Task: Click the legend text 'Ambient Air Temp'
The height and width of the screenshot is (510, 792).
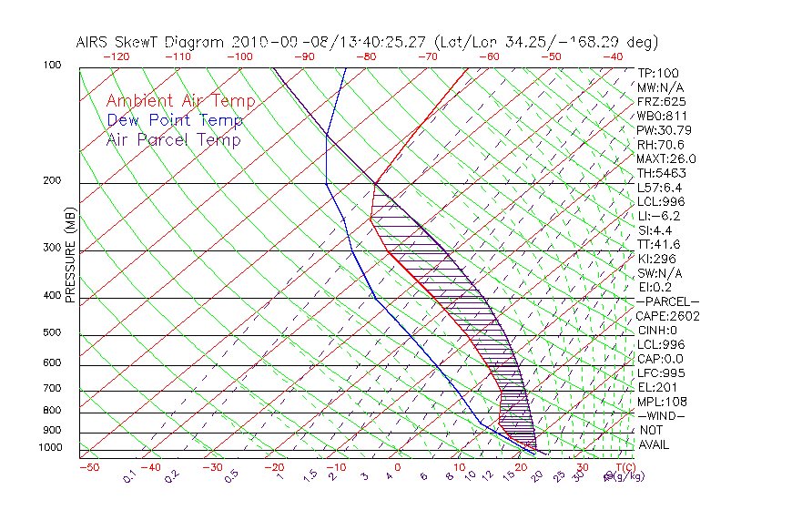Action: [x=180, y=101]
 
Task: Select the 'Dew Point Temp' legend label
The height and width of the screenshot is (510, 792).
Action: [x=175, y=120]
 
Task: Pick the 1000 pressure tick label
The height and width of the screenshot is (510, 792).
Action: [x=51, y=448]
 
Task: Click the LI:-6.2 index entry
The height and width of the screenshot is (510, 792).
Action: [x=659, y=216]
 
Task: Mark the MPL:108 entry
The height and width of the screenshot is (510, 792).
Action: [x=661, y=402]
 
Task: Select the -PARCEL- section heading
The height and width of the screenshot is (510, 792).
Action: [x=667, y=301]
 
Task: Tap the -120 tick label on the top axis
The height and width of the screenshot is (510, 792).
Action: [x=117, y=56]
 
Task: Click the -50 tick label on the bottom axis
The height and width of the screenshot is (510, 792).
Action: [x=88, y=468]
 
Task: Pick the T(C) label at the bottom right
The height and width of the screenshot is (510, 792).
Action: [x=621, y=468]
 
